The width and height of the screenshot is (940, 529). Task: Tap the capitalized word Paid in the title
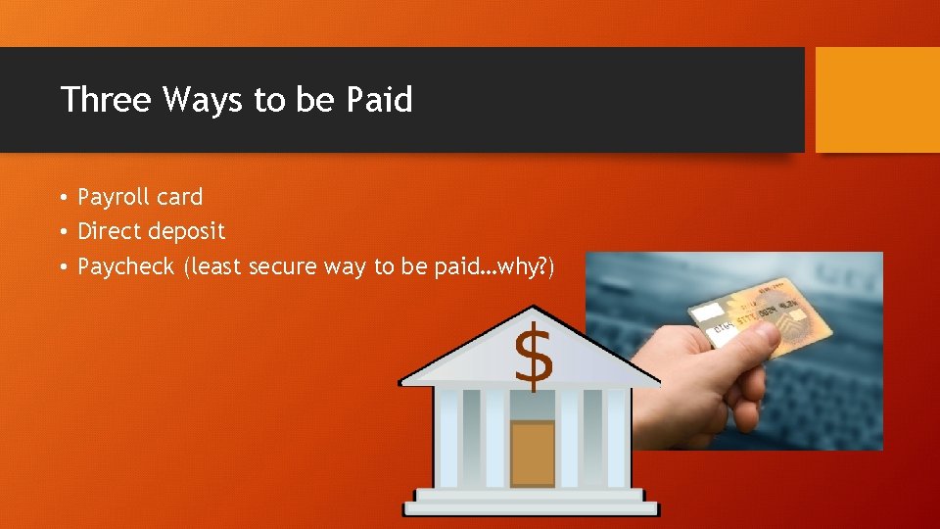coord(379,99)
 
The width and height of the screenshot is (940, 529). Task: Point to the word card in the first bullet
coord(178,197)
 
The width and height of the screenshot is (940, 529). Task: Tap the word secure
coord(283,266)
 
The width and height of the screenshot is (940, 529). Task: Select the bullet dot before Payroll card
coord(61,198)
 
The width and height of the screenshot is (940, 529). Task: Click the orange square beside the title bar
coord(877,100)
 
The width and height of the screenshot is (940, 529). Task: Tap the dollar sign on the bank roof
coord(534,357)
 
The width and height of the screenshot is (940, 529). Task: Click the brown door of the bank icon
coord(533,453)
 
